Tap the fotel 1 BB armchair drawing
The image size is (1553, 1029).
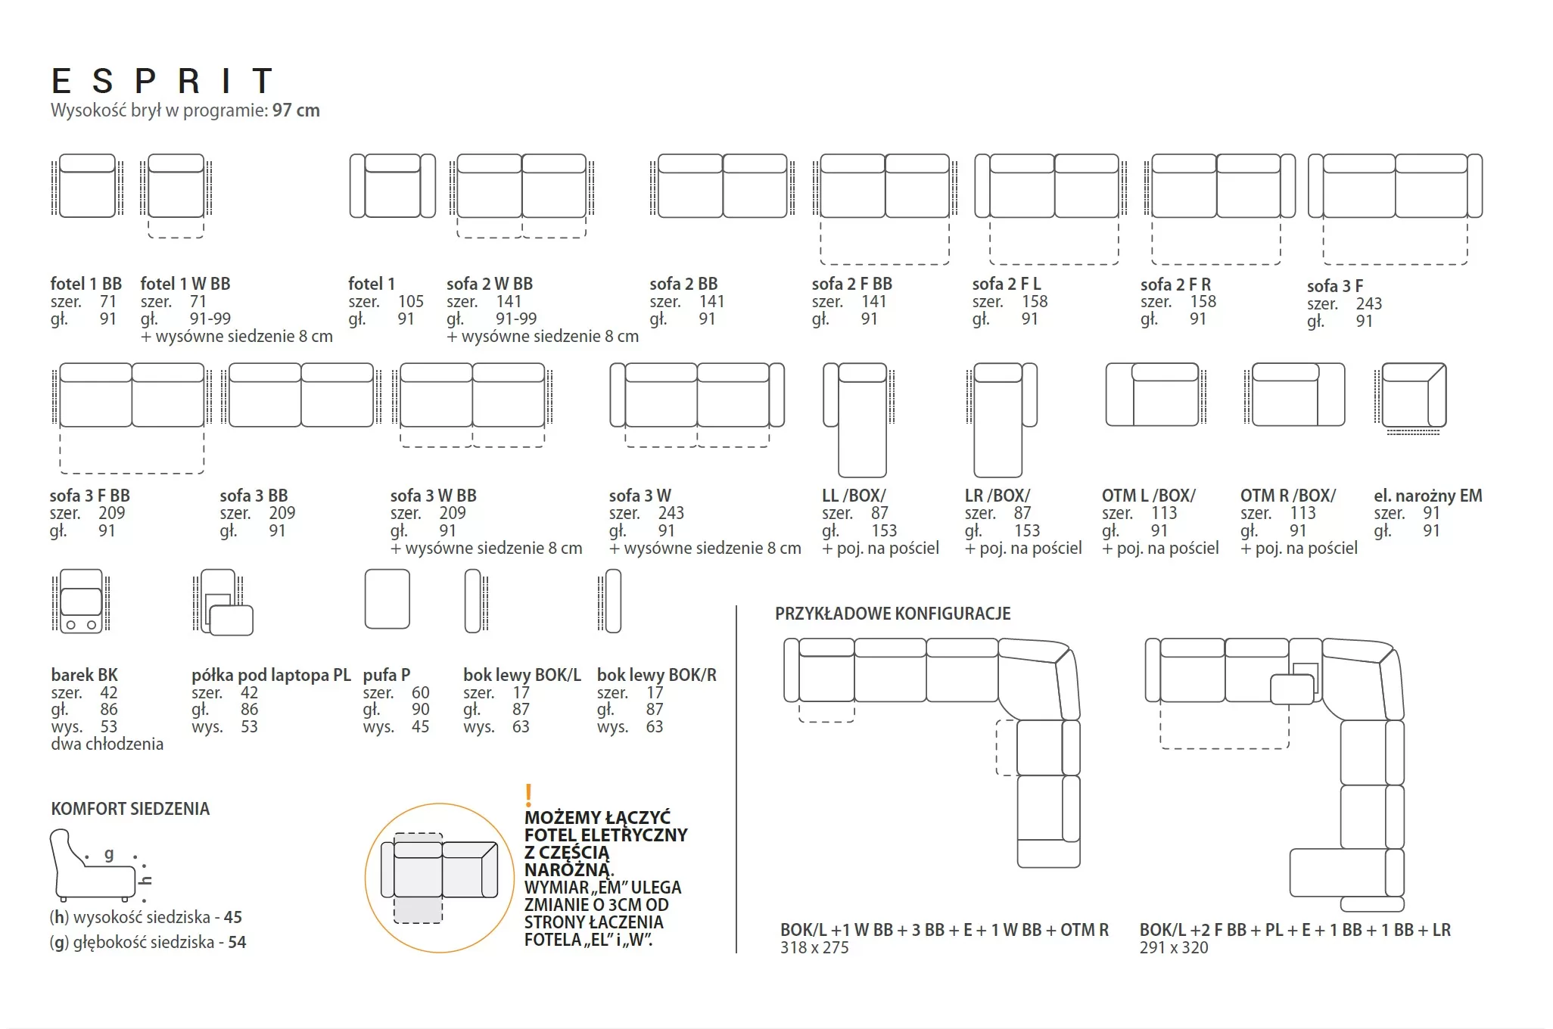click(x=87, y=186)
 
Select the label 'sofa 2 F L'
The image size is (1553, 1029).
click(x=1007, y=284)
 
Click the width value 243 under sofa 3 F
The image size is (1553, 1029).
click(x=1368, y=303)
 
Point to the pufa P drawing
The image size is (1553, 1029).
click(x=387, y=599)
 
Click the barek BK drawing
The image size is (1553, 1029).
click(x=81, y=601)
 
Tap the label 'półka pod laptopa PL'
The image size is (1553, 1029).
click(x=271, y=675)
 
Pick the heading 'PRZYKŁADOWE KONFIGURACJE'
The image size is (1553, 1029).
click(x=893, y=614)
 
